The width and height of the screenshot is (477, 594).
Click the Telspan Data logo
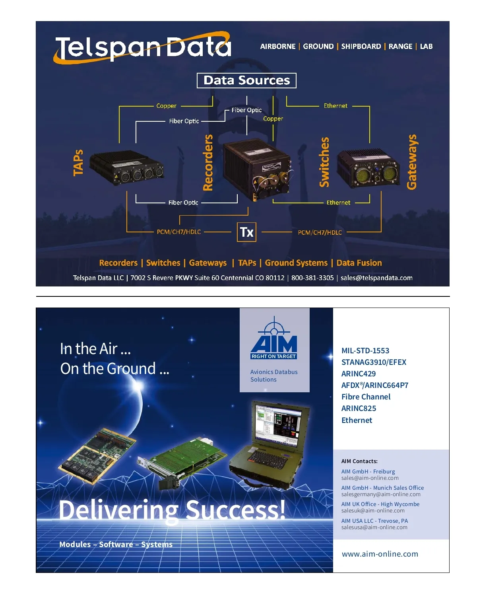coord(142,47)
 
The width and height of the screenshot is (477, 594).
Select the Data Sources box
coord(246,80)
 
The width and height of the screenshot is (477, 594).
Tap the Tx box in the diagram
coord(246,232)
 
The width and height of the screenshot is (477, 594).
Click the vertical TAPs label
coord(78,163)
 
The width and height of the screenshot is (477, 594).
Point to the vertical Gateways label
coord(412,162)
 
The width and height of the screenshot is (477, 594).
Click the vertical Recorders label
coord(208,163)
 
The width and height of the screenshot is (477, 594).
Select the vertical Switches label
coord(324,162)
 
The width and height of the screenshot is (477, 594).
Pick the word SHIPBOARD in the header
coord(361,47)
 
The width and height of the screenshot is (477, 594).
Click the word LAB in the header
coord(426,47)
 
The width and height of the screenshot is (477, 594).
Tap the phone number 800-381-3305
coord(312,278)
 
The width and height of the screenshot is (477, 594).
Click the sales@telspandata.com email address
coord(376,278)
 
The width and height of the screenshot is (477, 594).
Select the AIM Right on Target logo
coord(274,338)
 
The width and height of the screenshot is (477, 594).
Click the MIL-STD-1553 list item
coord(365,351)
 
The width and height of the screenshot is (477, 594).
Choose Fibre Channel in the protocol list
coord(366,397)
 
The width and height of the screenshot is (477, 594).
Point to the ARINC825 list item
coord(359,408)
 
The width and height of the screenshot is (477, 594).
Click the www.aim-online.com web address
coord(380,554)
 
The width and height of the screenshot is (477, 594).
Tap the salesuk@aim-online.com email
coord(373,510)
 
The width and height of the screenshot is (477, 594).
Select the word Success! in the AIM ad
coord(235,510)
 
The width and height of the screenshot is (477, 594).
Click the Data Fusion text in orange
coord(359,263)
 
